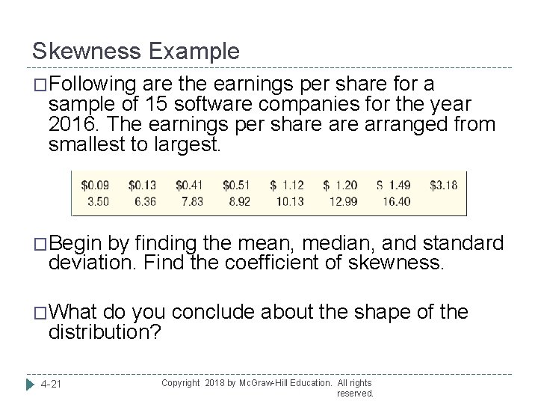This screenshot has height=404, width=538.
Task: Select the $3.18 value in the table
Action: (x=444, y=186)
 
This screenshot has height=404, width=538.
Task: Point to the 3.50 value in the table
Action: (x=98, y=202)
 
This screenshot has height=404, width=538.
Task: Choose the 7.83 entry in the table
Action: (x=192, y=202)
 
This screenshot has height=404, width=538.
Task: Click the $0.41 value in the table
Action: (x=190, y=186)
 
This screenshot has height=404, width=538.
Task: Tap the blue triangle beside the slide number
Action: (x=31, y=385)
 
